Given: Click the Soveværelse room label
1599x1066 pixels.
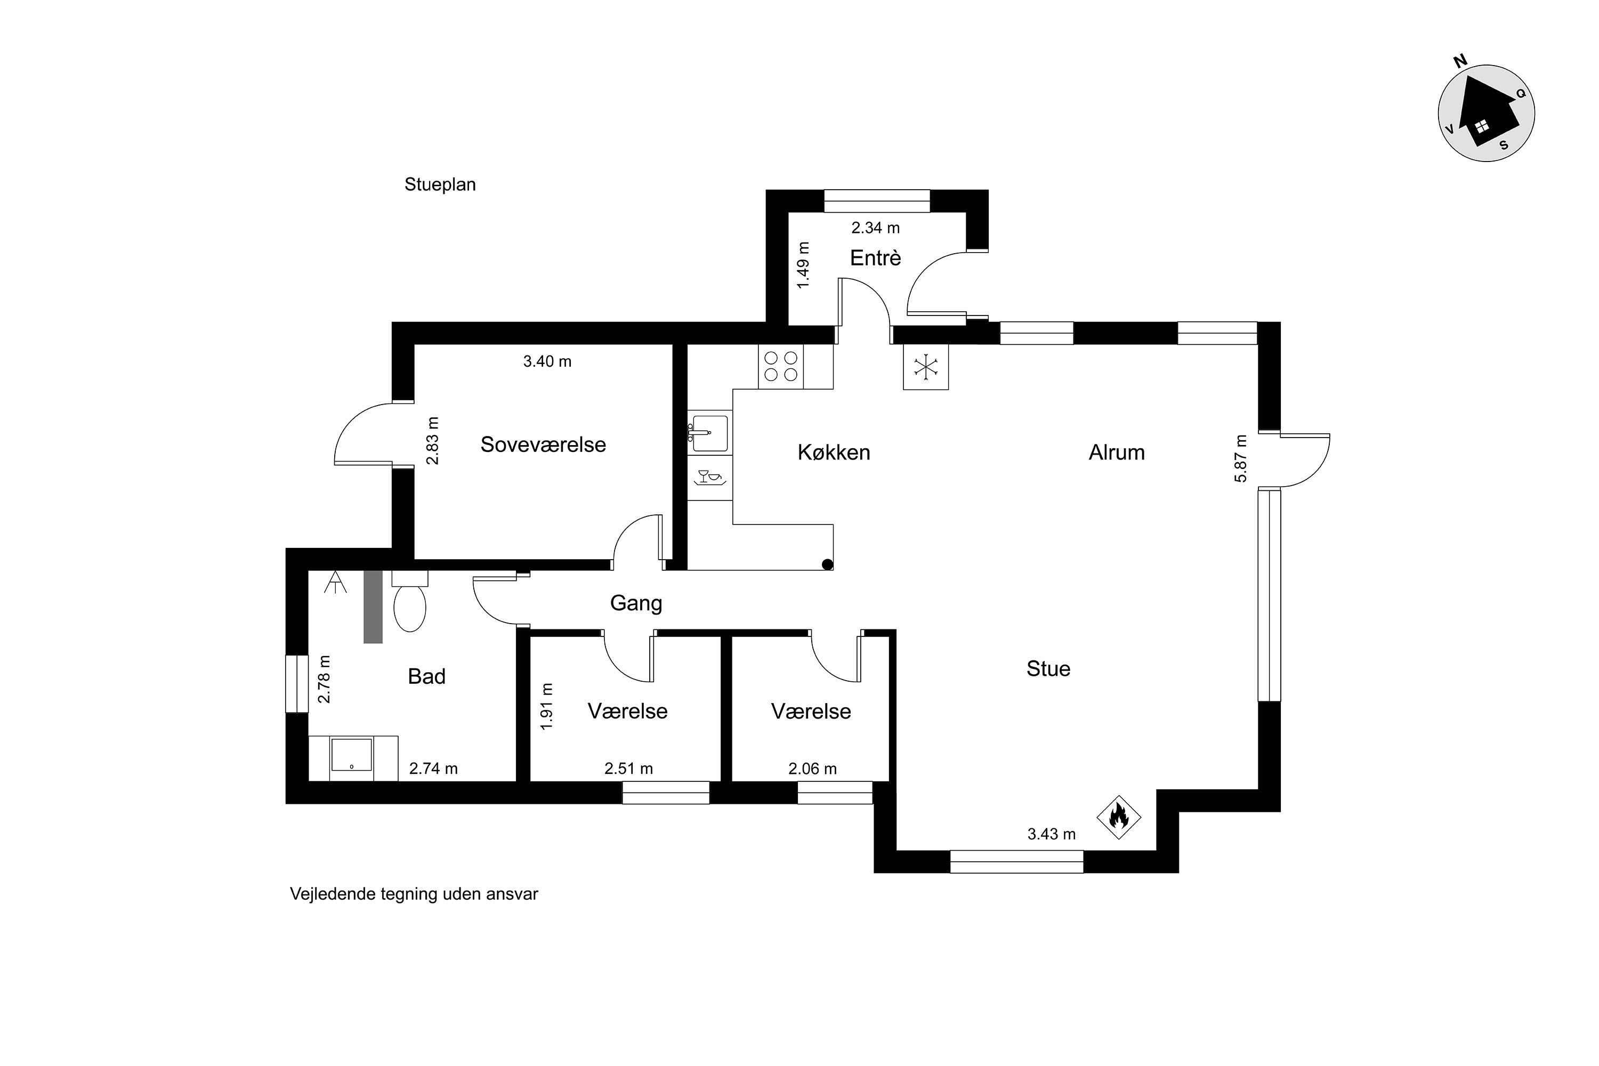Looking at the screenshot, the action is [x=543, y=445].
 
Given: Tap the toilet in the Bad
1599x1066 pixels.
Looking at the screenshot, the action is [x=409, y=601].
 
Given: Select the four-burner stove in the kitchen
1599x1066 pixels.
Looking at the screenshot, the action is [x=780, y=367].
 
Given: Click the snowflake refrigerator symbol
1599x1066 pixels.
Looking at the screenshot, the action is [x=925, y=367].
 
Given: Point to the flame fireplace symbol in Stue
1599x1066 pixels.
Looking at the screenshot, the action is [x=1118, y=817].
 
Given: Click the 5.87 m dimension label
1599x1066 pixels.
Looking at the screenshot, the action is [x=1241, y=458].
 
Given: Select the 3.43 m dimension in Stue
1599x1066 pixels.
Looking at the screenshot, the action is [x=1051, y=834].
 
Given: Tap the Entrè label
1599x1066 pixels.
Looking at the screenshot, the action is [x=876, y=257].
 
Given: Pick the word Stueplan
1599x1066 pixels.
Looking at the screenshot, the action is [x=440, y=185].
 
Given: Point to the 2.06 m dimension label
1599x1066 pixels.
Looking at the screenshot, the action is [x=812, y=769].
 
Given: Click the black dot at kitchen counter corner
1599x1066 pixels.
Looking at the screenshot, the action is [x=827, y=564].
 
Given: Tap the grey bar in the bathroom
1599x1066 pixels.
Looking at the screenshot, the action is [x=373, y=607].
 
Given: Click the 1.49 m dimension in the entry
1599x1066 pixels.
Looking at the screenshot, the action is [x=803, y=265].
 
